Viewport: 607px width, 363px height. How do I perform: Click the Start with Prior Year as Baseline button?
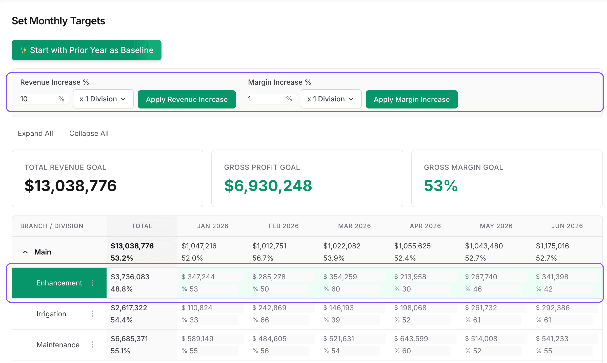(86, 50)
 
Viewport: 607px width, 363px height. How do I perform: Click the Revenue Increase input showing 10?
(38, 99)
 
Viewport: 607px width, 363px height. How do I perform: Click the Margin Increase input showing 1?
(266, 99)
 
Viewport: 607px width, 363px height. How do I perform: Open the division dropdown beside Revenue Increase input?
(103, 99)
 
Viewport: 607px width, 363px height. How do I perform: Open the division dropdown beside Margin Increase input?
(331, 99)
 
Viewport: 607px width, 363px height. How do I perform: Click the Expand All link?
(35, 133)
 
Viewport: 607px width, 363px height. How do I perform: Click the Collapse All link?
(89, 133)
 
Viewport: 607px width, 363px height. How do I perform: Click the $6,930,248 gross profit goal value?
(268, 186)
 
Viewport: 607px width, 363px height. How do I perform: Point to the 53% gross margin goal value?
(440, 186)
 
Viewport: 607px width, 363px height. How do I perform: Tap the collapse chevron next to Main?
(25, 252)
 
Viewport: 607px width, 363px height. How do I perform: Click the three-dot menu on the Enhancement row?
(92, 283)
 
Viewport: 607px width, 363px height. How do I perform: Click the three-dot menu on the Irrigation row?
(92, 314)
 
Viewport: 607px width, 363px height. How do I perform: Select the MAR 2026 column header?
(354, 226)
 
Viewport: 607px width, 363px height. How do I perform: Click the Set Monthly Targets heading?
(58, 21)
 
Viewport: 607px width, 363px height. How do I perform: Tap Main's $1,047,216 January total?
(199, 246)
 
